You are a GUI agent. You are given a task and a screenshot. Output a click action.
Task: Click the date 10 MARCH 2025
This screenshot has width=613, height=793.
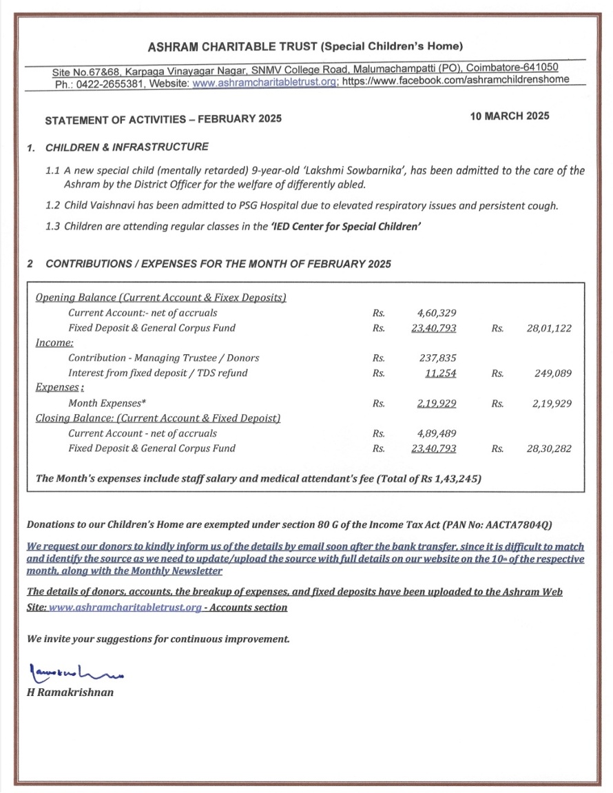(510, 116)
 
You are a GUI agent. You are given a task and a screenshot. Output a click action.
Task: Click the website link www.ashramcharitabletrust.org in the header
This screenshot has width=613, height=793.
(264, 81)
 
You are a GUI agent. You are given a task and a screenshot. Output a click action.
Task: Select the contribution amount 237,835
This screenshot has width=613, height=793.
(437, 358)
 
